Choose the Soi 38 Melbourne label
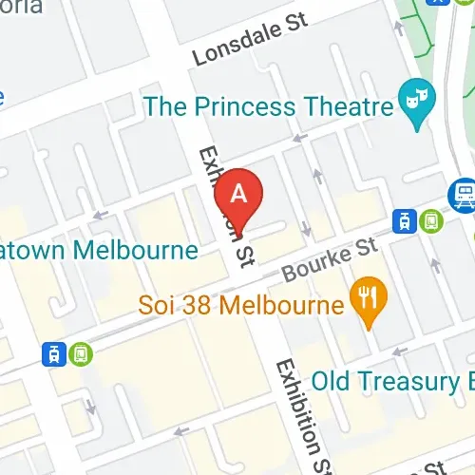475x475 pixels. point(239,307)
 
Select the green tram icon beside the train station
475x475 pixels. point(431,220)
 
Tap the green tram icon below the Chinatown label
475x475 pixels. point(82,353)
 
